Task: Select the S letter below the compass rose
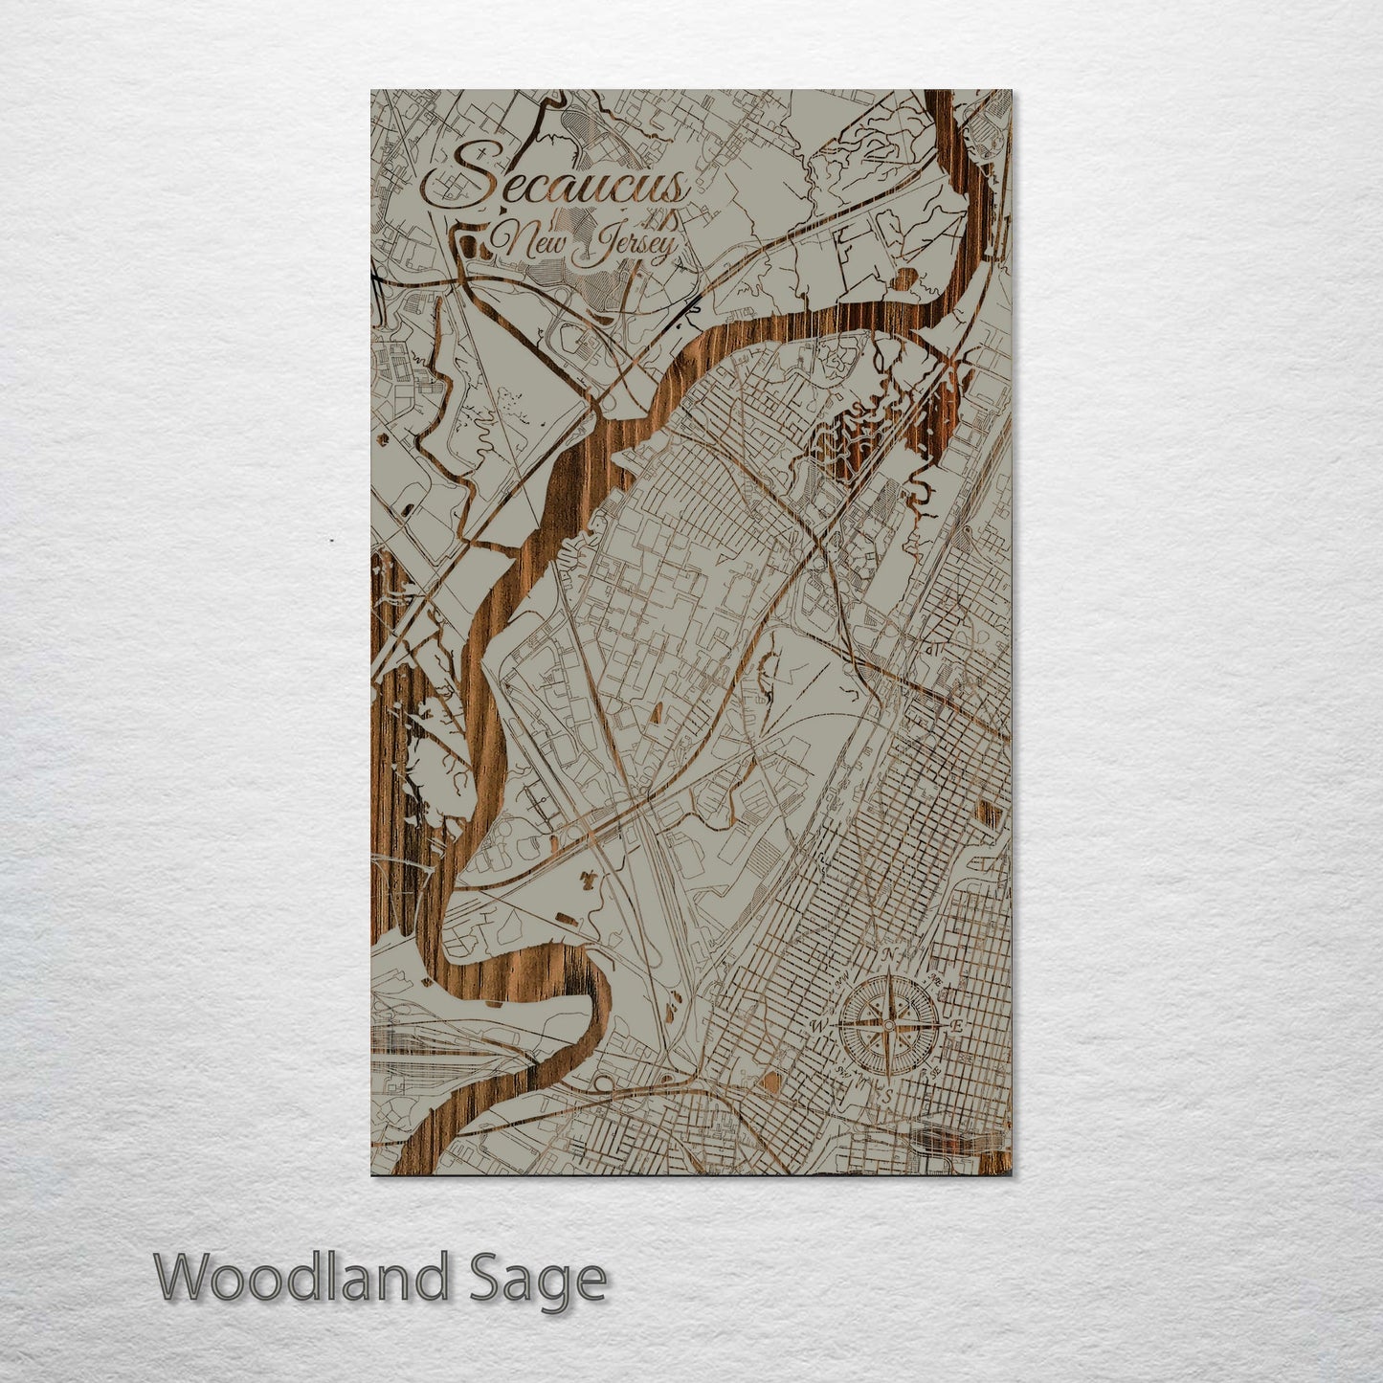[x=887, y=1095]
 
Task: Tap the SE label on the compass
[x=933, y=1073]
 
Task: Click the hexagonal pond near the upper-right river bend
[x=904, y=280]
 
